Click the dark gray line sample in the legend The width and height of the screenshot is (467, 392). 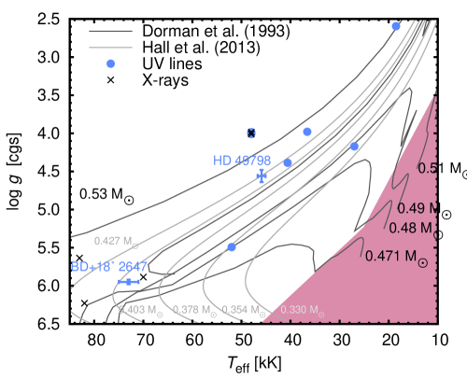coord(110,31)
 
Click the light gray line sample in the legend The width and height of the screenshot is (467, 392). coord(110,47)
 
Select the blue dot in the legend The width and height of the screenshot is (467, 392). coord(110,63)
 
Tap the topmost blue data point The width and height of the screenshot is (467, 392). coord(396,26)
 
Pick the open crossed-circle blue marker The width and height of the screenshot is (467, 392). coord(251,133)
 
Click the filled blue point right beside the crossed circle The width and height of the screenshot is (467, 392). coord(307,132)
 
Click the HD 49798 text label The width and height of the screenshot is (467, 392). coord(242,161)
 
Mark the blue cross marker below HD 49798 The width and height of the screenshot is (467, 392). coord(262,175)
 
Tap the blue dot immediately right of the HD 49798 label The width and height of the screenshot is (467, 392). coord(288,162)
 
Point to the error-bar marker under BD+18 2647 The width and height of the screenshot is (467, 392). coord(128,282)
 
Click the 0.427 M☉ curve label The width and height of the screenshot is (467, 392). coord(116,241)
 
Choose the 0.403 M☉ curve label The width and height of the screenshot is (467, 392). coord(140,309)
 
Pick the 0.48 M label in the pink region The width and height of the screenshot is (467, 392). coord(410,228)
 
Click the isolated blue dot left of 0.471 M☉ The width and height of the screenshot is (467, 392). coord(232,247)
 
